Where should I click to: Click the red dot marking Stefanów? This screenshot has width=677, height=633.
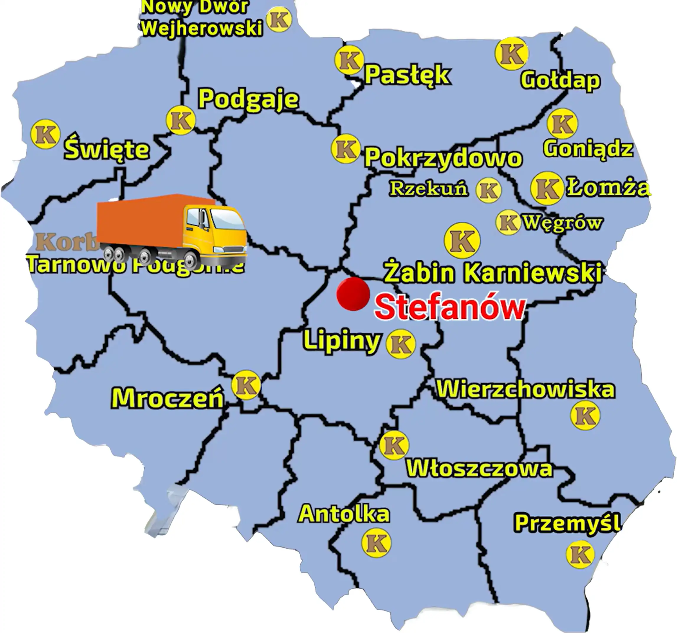pyautogui.click(x=353, y=294)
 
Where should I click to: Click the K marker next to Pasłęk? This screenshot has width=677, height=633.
pyautogui.click(x=349, y=60)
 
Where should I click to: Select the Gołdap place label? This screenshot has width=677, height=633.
pyautogui.click(x=560, y=80)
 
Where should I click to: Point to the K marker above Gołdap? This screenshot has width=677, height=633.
pyautogui.click(x=511, y=54)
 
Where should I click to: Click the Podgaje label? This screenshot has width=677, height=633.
pyautogui.click(x=249, y=99)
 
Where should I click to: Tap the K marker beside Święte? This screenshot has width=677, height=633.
pyautogui.click(x=45, y=134)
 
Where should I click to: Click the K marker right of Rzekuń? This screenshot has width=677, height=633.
pyautogui.click(x=488, y=190)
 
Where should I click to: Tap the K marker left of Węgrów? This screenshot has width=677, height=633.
pyautogui.click(x=508, y=222)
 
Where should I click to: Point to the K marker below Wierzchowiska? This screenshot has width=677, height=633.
pyautogui.click(x=585, y=415)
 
